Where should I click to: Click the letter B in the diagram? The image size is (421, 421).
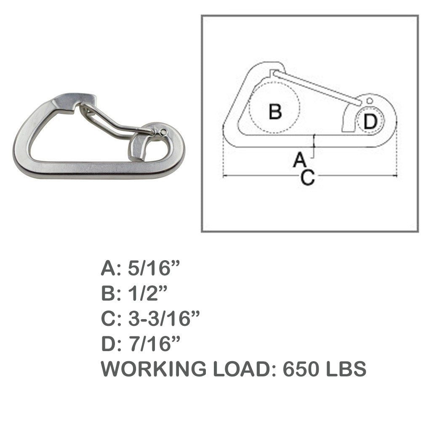tap(275, 112)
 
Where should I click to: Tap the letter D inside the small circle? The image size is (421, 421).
tap(370, 121)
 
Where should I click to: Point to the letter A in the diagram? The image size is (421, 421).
tap(300, 159)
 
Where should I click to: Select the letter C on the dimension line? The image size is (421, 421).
tap(308, 178)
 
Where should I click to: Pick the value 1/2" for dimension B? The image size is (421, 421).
tap(147, 293)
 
